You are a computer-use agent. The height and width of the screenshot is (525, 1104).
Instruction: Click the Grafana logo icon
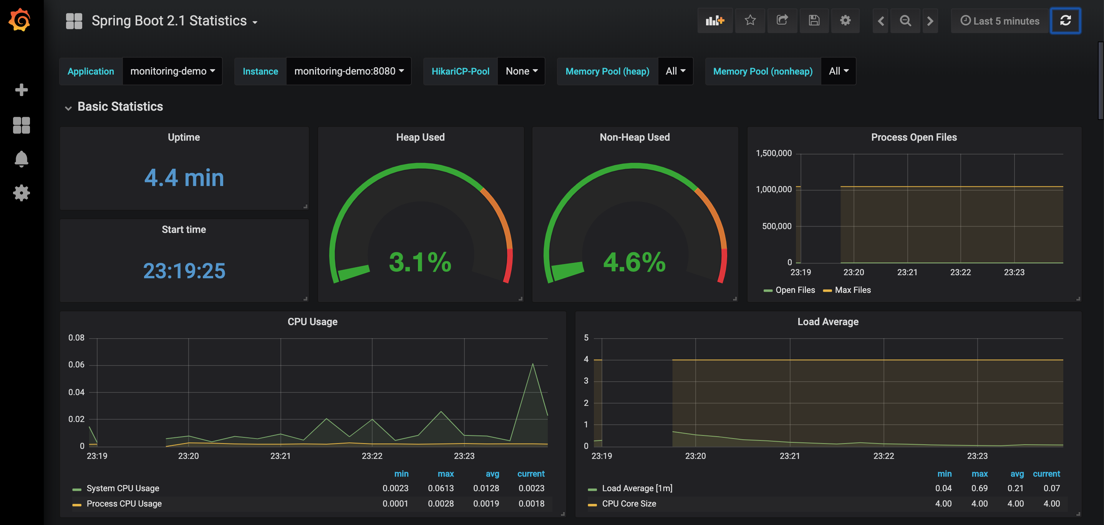[20, 20]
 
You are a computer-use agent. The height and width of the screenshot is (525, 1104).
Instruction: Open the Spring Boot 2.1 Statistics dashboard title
[169, 21]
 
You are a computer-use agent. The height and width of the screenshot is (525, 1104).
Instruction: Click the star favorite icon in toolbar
[749, 20]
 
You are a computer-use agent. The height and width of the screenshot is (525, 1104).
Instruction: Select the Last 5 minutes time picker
[1000, 21]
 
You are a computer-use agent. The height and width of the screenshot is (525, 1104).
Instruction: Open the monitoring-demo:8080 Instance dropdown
[348, 71]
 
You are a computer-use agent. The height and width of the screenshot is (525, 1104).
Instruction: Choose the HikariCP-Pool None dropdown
[521, 71]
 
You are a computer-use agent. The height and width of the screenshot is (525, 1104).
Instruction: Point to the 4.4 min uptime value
[184, 178]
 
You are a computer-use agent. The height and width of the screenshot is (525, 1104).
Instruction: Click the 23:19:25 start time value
[184, 271]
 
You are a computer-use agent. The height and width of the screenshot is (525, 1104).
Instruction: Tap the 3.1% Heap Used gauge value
[419, 262]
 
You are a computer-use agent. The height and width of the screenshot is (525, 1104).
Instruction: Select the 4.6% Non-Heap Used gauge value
[634, 262]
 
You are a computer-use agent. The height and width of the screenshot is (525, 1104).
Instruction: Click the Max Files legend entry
[852, 290]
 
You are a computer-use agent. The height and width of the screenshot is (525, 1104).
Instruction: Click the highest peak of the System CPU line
[532, 364]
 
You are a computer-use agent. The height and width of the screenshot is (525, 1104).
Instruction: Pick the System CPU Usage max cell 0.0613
[440, 488]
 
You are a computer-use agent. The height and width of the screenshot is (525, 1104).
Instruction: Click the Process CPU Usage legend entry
[124, 503]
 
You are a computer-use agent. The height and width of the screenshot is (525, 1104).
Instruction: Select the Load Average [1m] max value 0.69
[979, 488]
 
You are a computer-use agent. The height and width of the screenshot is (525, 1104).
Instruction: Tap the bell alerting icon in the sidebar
[21, 159]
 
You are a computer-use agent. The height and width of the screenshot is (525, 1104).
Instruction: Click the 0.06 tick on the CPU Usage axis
[76, 365]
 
